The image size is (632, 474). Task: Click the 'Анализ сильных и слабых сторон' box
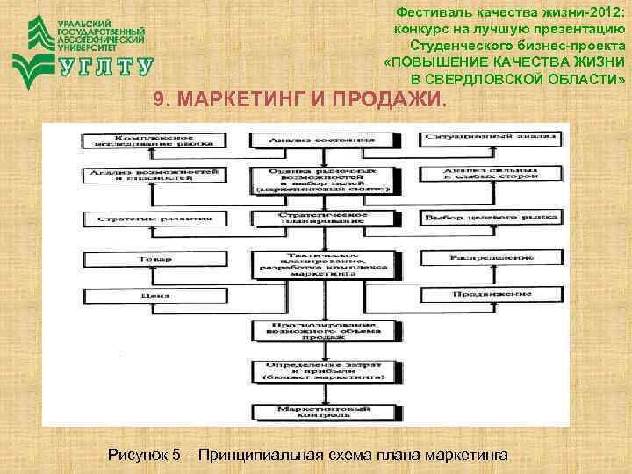(488, 176)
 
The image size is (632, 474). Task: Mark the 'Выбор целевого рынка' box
(488, 217)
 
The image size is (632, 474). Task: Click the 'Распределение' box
(488, 259)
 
